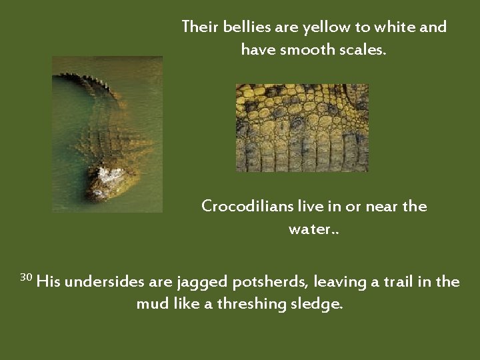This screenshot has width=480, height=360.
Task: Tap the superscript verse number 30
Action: click(x=26, y=277)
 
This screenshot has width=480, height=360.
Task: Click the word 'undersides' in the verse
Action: click(x=105, y=282)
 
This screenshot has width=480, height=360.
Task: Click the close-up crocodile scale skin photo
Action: click(x=302, y=127)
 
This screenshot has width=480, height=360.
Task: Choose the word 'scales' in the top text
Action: click(x=360, y=49)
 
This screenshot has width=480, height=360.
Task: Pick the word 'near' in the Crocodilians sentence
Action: click(x=369, y=207)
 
